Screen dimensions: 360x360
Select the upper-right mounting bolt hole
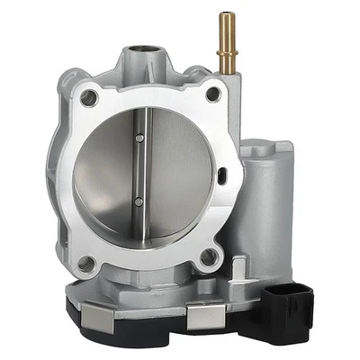click(x=212, y=93)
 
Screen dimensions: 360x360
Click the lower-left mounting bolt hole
click(x=87, y=264)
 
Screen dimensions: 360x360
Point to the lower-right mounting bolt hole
click(x=209, y=258)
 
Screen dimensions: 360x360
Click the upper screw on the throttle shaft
click(x=139, y=138)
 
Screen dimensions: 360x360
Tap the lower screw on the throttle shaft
click(x=137, y=202)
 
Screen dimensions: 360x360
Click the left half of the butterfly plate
click(x=103, y=175)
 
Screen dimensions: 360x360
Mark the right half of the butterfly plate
click(x=175, y=175)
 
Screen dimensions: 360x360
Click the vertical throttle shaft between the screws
click(x=138, y=171)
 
